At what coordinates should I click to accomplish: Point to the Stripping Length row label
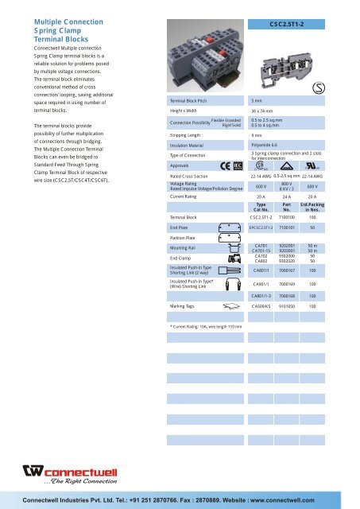[189, 136]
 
